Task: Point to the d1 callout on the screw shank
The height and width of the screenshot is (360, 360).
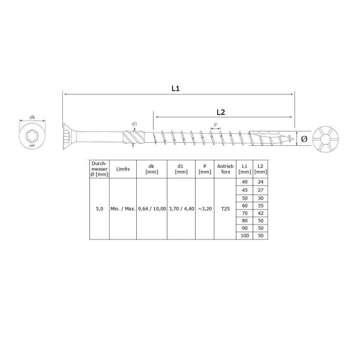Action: click(134, 125)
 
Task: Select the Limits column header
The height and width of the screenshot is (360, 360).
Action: click(123, 169)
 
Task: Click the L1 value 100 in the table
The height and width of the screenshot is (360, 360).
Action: click(244, 236)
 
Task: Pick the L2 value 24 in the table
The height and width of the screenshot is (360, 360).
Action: click(260, 182)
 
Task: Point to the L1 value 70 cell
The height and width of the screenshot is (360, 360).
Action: click(244, 213)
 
